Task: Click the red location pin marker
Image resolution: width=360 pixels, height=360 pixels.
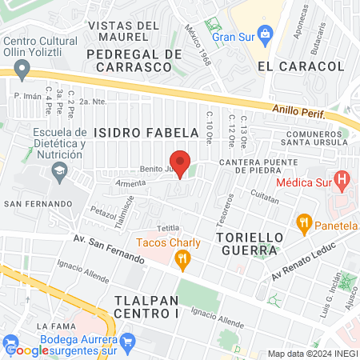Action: click(x=180, y=163)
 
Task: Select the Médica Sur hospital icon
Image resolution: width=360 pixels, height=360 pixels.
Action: click(x=343, y=181)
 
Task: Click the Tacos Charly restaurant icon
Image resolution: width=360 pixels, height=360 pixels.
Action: click(x=182, y=258)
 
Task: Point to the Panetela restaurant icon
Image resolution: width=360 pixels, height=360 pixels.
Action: click(x=303, y=222)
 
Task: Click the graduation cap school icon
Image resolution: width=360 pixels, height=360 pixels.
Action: click(x=58, y=170)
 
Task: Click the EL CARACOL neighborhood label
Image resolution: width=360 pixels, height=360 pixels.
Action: click(x=287, y=67)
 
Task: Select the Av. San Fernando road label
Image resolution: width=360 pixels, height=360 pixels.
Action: click(x=108, y=250)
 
